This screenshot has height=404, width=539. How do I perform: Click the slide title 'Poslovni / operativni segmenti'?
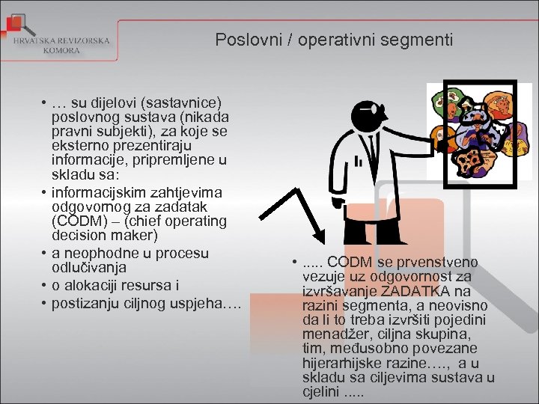click(334, 39)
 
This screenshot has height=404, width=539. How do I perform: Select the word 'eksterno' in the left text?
click(79, 146)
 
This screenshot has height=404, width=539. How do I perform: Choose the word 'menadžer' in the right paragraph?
click(332, 334)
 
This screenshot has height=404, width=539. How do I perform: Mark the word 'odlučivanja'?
click(89, 267)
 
